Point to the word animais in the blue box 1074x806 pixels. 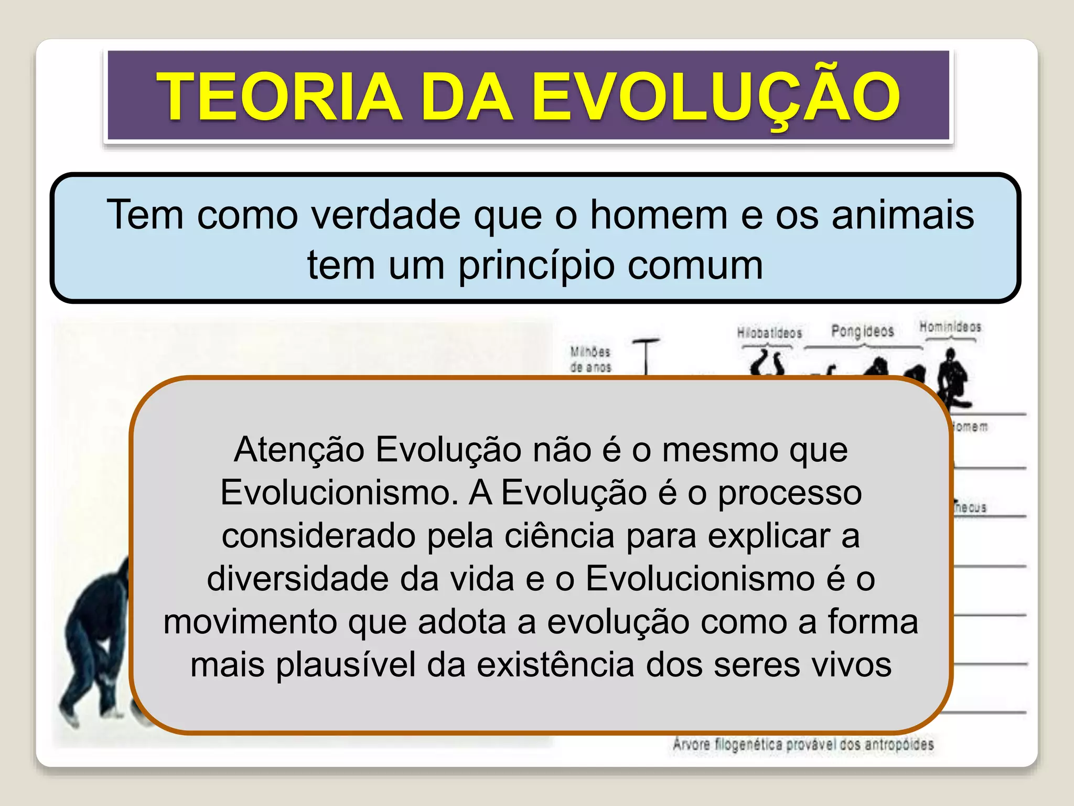point(903,215)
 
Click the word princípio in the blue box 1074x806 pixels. point(536,266)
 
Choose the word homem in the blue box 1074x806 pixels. point(659,215)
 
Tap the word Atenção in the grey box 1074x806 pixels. point(299,450)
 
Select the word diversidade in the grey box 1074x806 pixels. point(297,579)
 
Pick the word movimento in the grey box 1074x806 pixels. point(249,622)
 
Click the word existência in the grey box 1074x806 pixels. point(555,665)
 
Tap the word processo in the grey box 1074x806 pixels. point(789,493)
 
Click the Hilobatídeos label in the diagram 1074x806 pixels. point(769,333)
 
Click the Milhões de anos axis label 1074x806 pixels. point(590,359)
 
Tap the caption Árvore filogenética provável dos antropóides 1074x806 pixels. point(803,745)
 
